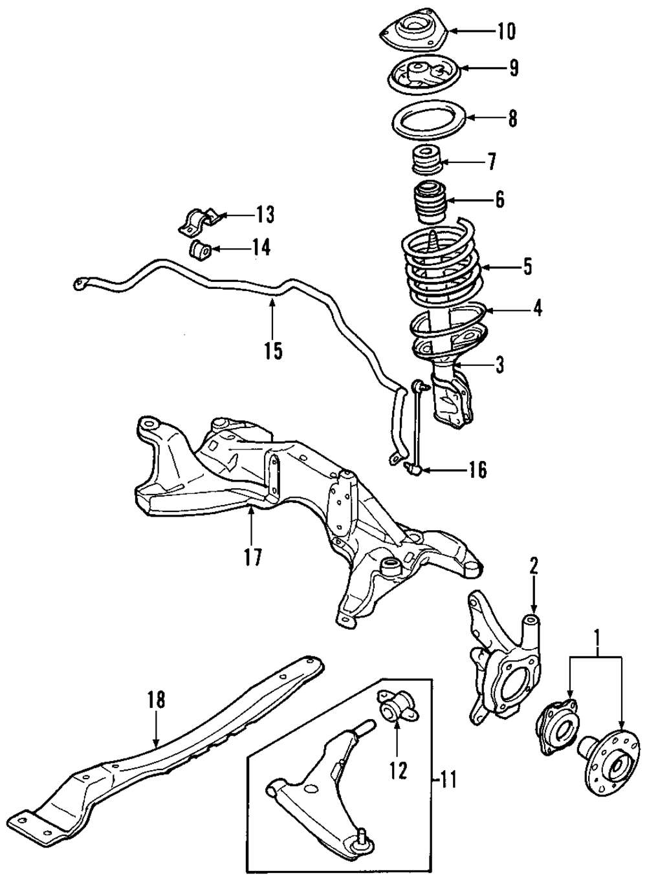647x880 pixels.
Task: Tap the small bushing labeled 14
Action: (199, 248)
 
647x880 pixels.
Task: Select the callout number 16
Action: (476, 470)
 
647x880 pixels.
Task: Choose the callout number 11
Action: (448, 780)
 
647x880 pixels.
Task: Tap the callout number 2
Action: (533, 566)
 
